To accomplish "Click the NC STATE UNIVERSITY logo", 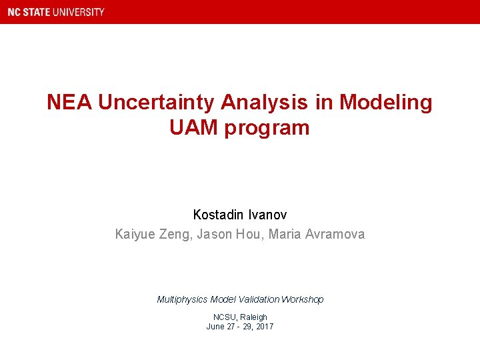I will (x=56, y=12).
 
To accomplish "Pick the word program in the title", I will (x=267, y=128).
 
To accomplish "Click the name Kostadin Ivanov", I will (x=240, y=215).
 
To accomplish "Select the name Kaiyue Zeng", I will (x=152, y=234).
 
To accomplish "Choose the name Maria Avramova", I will (x=317, y=234).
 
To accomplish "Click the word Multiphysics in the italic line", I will (x=182, y=300).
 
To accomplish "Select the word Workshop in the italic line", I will (x=302, y=300).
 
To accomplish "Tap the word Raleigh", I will (x=253, y=317).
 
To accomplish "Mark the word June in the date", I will (x=215, y=327).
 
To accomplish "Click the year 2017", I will (x=264, y=327).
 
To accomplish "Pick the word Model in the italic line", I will (x=223, y=300).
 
